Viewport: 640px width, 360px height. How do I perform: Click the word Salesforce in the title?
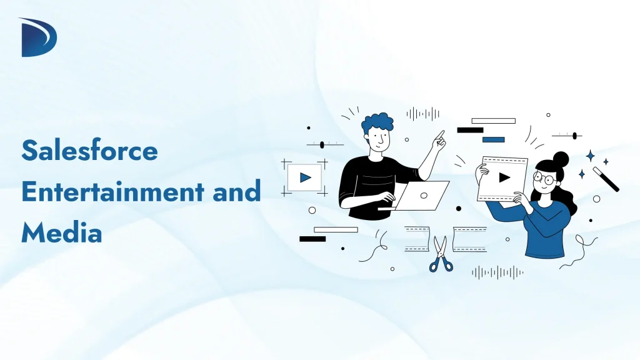coord(90,150)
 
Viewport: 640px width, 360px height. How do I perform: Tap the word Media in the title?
coord(61,233)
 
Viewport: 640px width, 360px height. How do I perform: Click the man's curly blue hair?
coord(377,124)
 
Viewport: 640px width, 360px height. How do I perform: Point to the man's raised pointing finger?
coord(441,135)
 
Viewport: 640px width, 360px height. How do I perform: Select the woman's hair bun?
coord(561,159)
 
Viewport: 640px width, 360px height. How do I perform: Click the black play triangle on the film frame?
coord(504,177)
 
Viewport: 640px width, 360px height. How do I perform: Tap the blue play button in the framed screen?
coord(305,177)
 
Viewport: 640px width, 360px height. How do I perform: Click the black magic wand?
coord(606,179)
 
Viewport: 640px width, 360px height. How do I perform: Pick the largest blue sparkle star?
coord(589,156)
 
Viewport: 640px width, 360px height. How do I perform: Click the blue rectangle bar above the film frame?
coord(493,139)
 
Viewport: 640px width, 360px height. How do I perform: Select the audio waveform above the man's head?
coord(422,114)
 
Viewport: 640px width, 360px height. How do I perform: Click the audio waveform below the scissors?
coord(497,272)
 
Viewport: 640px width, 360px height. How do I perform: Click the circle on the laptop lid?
coord(424,195)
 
